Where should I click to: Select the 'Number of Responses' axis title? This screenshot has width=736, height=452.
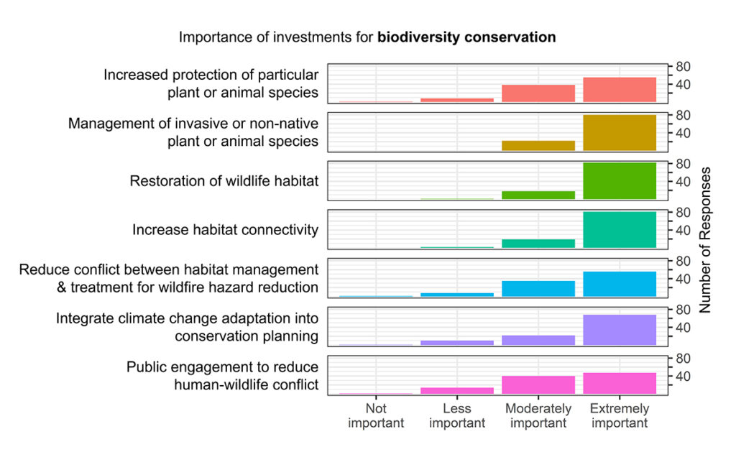705,240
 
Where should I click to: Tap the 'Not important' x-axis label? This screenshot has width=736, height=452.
376,416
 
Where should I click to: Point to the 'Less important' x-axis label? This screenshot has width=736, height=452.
457,416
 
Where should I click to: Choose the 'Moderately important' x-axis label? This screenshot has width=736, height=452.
538,416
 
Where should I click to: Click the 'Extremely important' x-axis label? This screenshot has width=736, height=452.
620,416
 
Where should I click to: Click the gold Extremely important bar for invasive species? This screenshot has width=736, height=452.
620,133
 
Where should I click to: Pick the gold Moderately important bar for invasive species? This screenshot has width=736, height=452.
538,145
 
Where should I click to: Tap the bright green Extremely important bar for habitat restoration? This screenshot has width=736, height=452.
620,181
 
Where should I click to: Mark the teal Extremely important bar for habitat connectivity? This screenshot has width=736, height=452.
620,230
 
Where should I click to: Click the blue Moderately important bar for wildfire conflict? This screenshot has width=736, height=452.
538,288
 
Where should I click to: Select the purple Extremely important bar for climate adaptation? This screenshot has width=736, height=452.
620,330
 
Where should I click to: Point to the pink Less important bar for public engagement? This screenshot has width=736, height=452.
457,390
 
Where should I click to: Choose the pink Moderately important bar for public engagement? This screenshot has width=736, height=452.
538,384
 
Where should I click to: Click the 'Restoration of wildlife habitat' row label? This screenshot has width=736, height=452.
224,181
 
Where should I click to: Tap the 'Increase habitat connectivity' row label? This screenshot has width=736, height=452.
225,230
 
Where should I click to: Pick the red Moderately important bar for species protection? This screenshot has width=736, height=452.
538,93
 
